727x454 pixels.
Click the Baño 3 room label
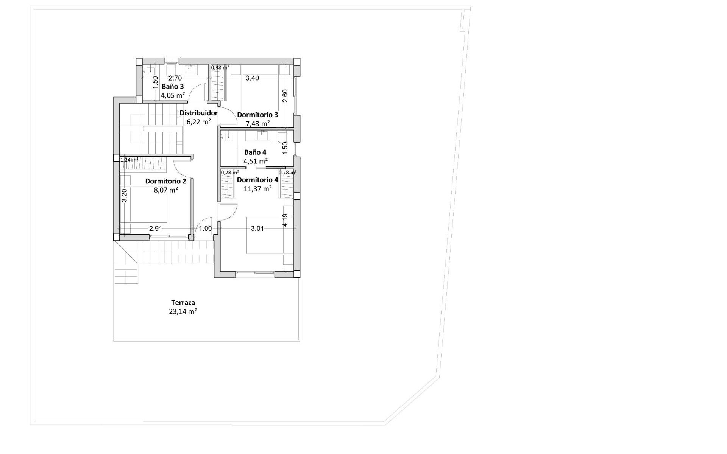(x=173, y=86)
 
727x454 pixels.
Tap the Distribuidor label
(x=198, y=113)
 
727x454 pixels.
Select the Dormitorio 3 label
(x=257, y=115)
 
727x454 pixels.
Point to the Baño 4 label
(x=255, y=152)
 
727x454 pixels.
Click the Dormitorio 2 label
(x=165, y=181)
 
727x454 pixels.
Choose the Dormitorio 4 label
(x=257, y=180)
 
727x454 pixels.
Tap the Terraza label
(x=183, y=302)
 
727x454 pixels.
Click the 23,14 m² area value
(x=183, y=311)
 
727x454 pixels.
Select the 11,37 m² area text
(x=257, y=188)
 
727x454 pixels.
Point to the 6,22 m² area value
(x=199, y=122)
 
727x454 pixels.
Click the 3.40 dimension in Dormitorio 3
(x=252, y=78)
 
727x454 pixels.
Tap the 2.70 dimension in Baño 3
(x=175, y=78)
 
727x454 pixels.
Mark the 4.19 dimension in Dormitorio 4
(x=285, y=220)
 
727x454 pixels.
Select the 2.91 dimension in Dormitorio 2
(x=156, y=229)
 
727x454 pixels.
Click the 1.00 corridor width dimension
(x=205, y=229)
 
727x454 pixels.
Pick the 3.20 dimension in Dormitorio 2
(x=124, y=195)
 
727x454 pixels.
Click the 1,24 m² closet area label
(x=129, y=160)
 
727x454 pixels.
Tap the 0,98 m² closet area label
(x=220, y=67)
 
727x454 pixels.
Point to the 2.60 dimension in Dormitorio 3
(x=285, y=95)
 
